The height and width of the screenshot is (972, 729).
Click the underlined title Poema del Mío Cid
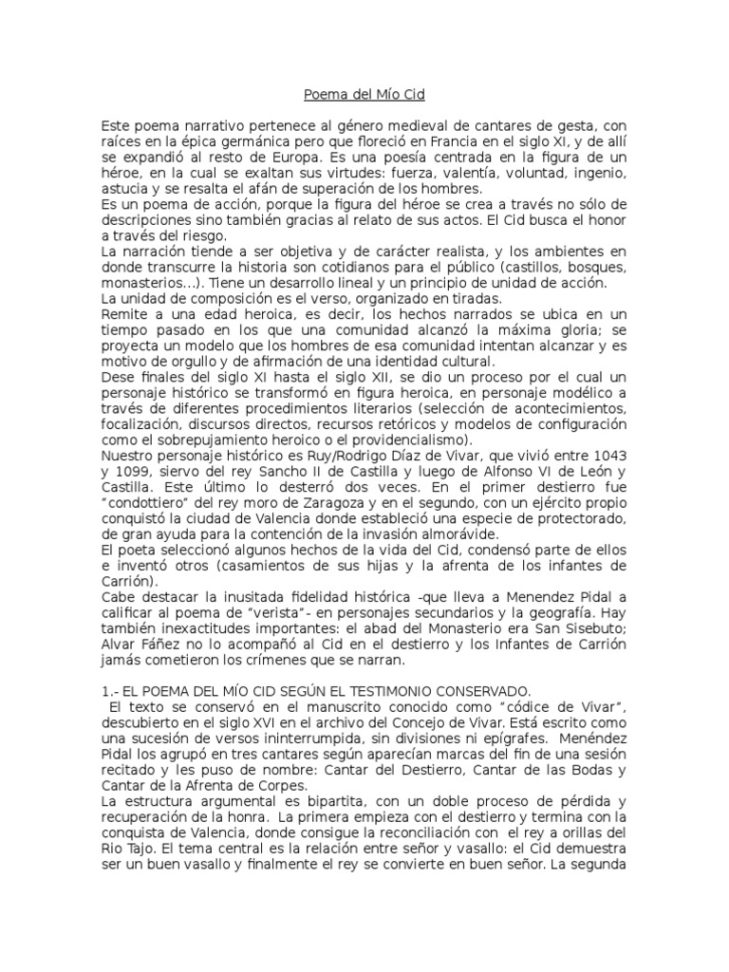pos(364,95)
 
